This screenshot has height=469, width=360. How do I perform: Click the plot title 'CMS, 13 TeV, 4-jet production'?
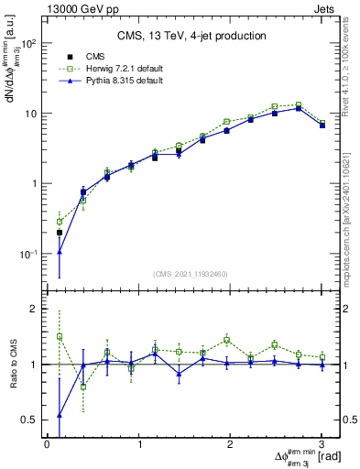coord(191,36)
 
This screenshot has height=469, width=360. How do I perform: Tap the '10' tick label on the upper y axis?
coord(31,114)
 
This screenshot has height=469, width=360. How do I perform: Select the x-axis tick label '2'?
coord(231,445)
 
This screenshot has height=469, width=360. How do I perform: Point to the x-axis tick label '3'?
coord(322,445)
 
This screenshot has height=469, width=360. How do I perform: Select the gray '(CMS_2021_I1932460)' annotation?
coord(191,274)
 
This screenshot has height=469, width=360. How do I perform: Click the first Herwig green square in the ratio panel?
coord(60,336)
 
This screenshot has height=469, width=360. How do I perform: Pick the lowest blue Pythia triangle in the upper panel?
coord(60,251)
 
